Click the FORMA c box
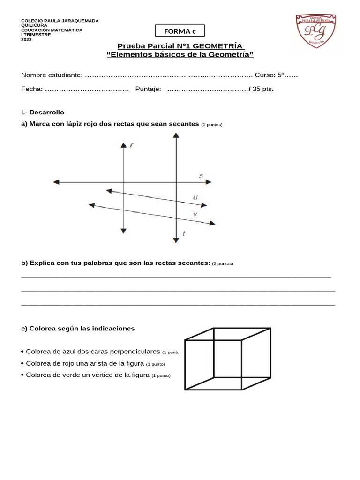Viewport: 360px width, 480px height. pos(180,31)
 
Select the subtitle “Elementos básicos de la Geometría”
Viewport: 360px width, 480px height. pos(180,55)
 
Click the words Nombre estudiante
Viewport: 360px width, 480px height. pos(52,75)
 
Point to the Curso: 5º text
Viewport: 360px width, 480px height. pos(270,75)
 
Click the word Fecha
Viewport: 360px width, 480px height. pos(31,89)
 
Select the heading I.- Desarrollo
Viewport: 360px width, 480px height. pos(43,112)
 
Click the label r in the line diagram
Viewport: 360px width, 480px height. pos(132,145)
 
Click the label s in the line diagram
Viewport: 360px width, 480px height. pos(201,176)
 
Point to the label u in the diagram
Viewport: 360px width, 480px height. pos(195,198)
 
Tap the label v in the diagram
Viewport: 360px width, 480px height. pos(195,214)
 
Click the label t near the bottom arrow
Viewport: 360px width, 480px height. pos(183,233)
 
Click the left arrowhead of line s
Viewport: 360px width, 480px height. pos(56,182)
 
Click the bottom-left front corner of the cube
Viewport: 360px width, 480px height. pos(185,389)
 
